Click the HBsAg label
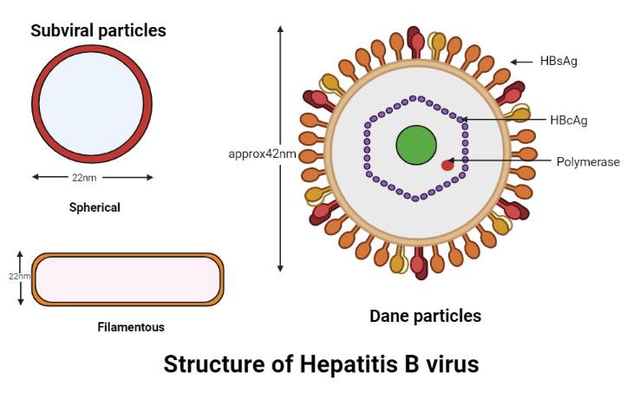click(558, 61)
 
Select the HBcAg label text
click(569, 120)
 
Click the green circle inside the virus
click(416, 145)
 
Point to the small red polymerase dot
click(447, 164)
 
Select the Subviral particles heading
click(98, 31)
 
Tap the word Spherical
click(95, 207)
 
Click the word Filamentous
click(131, 327)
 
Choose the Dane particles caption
click(425, 316)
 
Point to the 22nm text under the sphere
click(83, 177)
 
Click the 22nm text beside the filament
click(17, 276)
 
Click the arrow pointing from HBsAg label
click(521, 62)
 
